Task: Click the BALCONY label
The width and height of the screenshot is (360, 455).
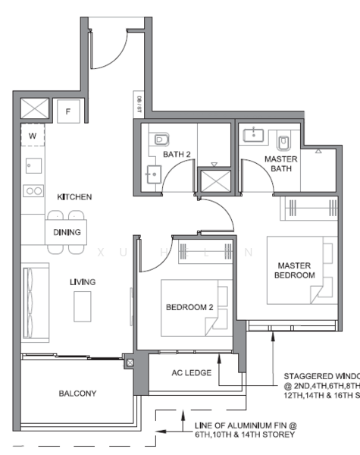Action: pyautogui.click(x=77, y=394)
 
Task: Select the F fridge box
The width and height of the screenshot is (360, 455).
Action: pyautogui.click(x=69, y=111)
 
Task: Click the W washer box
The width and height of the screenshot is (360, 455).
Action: pyautogui.click(x=33, y=136)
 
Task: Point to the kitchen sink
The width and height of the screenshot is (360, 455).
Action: pyautogui.click(x=33, y=165)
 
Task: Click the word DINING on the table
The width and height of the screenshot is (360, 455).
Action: pyautogui.click(x=67, y=232)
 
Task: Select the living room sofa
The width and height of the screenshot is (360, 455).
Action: pyautogui.click(x=34, y=291)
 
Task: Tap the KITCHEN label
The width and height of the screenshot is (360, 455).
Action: pyautogui.click(x=74, y=197)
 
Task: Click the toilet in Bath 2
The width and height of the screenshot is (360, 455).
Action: pyautogui.click(x=160, y=140)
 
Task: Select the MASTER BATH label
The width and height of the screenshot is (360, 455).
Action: pyautogui.click(x=280, y=164)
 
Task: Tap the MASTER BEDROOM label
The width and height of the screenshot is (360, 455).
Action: pyautogui.click(x=295, y=271)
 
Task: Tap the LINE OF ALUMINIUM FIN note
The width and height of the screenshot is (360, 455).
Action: pyautogui.click(x=245, y=430)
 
